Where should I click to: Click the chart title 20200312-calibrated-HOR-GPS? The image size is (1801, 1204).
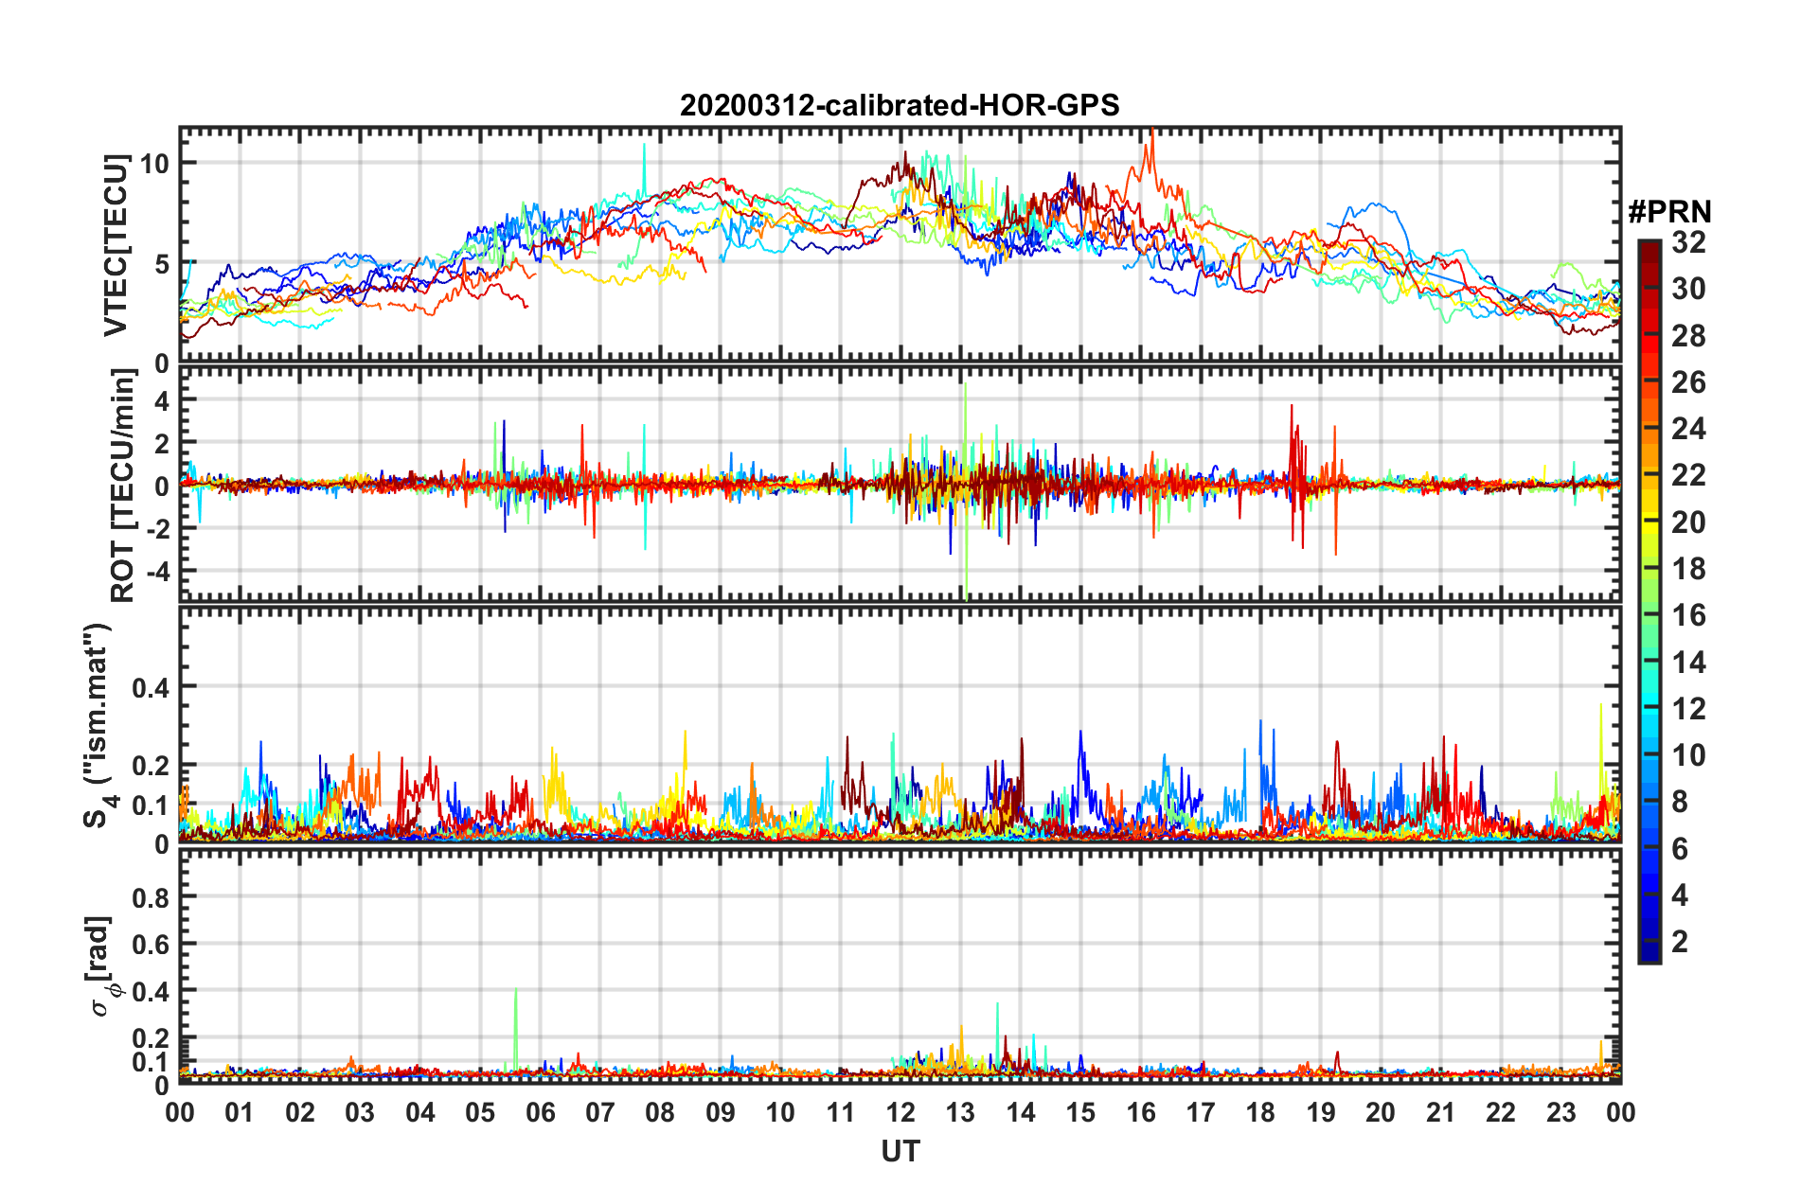pos(900,105)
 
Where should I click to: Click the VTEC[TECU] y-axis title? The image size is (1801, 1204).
pos(116,245)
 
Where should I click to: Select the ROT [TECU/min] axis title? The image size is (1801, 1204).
pos(123,486)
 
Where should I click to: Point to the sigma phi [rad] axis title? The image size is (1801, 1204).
pos(100,965)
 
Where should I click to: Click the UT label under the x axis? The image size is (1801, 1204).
pos(900,1151)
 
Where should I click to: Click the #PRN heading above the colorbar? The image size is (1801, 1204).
pos(1669,212)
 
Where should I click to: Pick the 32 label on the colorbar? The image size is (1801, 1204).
pos(1688,242)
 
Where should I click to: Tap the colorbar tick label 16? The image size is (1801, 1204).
pos(1688,615)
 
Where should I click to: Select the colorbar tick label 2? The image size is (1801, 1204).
pos(1680,941)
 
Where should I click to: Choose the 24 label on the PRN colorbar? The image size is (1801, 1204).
pos(1688,429)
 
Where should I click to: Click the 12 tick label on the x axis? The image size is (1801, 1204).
pos(900,1112)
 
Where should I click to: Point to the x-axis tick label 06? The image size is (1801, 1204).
pos(540,1112)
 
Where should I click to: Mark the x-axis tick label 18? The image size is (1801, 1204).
pos(1260,1112)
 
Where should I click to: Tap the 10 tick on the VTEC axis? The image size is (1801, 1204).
pos(154,164)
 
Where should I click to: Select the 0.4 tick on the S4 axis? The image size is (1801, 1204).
pos(151,687)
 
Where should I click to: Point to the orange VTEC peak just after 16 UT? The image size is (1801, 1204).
pos(1150,142)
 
